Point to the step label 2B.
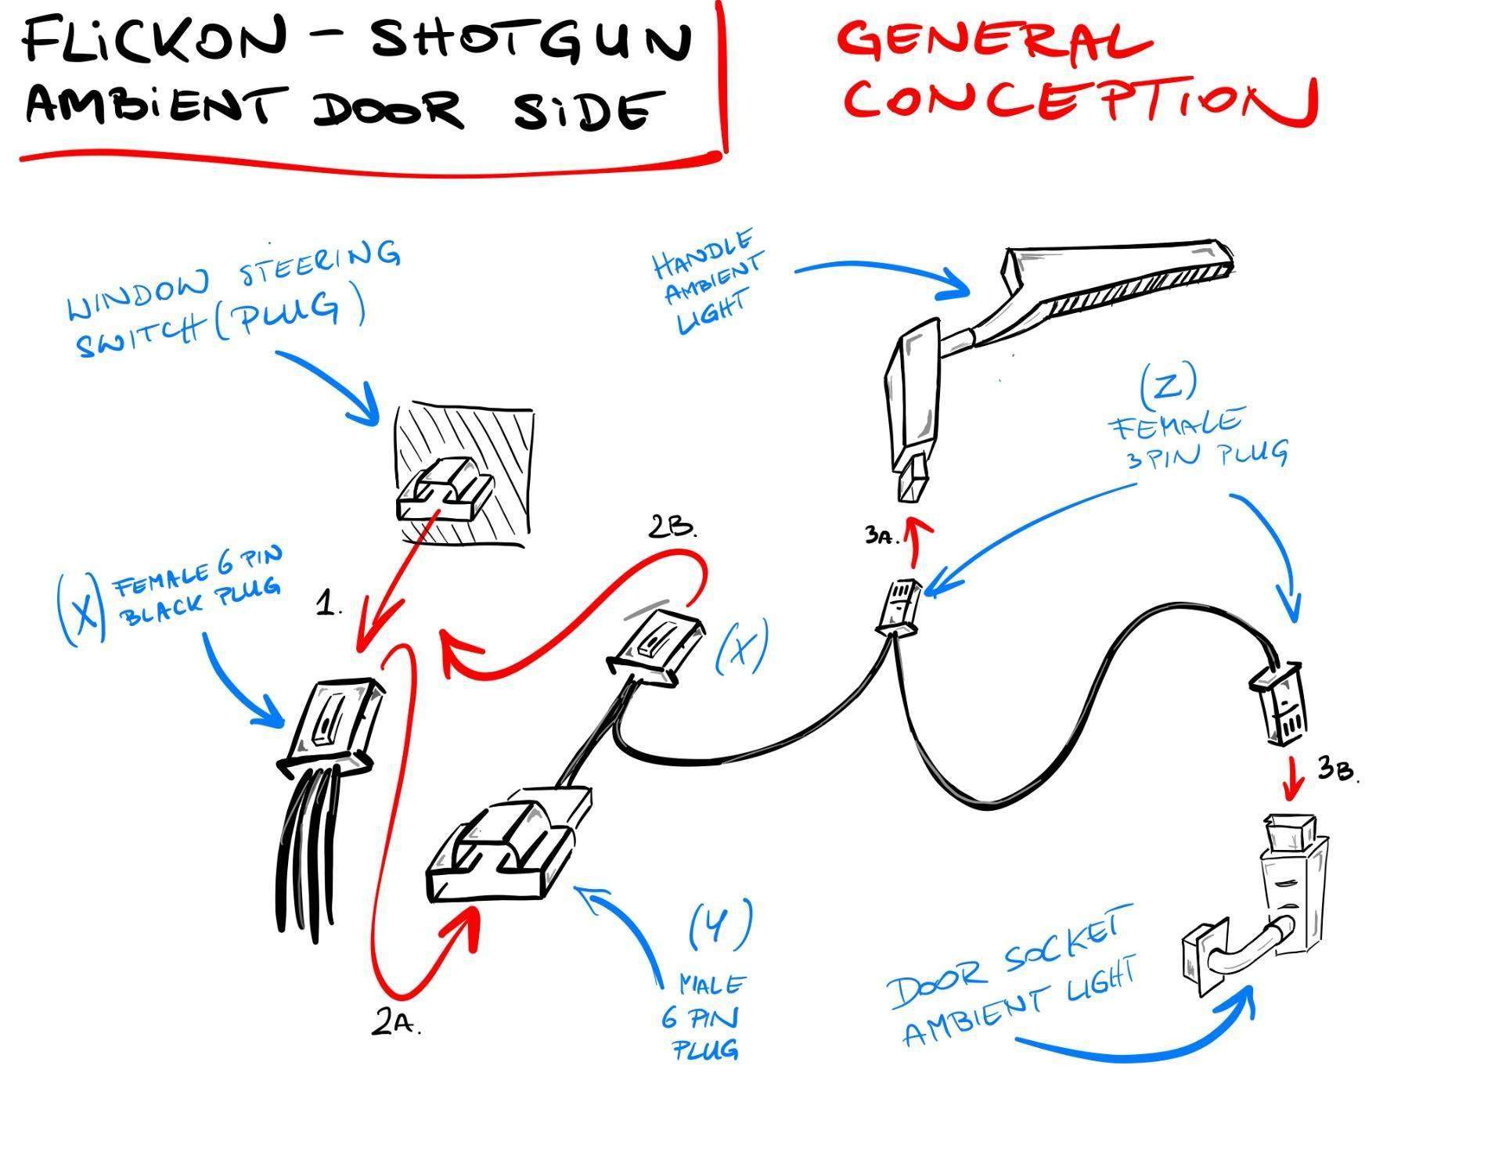click(x=672, y=527)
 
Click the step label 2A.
click(x=396, y=1023)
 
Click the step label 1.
click(x=329, y=603)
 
